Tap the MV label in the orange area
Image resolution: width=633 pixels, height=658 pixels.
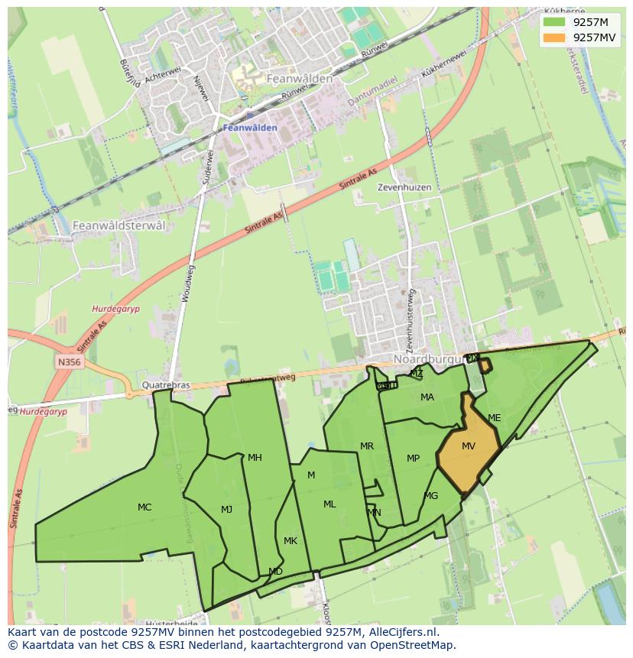(469, 446)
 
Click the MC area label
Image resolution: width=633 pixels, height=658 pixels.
(144, 507)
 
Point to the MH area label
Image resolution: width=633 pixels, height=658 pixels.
(255, 458)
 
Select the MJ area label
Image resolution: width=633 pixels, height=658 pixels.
(226, 510)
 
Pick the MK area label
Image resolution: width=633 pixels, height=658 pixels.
(290, 541)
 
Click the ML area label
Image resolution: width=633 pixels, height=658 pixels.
(329, 504)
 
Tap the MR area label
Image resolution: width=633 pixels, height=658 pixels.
(367, 446)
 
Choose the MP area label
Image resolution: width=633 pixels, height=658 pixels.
(413, 459)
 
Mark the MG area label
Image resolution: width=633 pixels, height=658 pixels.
(431, 496)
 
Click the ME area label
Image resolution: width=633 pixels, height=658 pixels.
(494, 418)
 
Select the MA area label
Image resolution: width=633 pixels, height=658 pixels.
(427, 397)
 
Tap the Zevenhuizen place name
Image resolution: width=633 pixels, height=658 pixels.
(404, 187)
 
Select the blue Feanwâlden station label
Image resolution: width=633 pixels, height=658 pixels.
(250, 128)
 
